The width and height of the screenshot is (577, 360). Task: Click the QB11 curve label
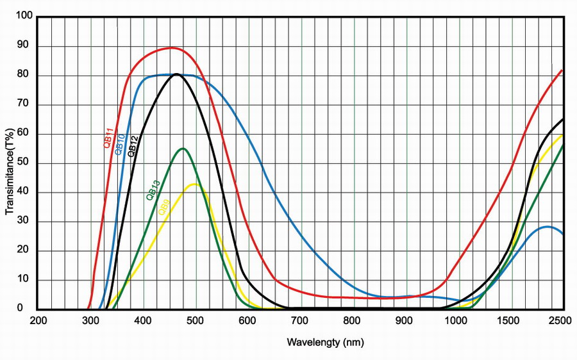click(x=109, y=138)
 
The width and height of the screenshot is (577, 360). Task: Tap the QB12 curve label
click(x=133, y=146)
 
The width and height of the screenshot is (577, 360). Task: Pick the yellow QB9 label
click(x=164, y=209)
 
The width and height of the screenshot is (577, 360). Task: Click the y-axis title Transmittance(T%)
click(x=10, y=160)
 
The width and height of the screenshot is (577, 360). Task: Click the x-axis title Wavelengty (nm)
click(x=325, y=342)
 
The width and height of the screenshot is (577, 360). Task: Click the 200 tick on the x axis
click(x=38, y=320)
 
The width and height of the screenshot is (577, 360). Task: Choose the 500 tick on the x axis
click(x=196, y=320)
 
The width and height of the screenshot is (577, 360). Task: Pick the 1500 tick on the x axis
click(x=512, y=320)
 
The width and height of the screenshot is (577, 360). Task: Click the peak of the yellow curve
click(x=194, y=184)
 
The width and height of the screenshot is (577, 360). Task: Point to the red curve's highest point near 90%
click(x=171, y=48)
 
